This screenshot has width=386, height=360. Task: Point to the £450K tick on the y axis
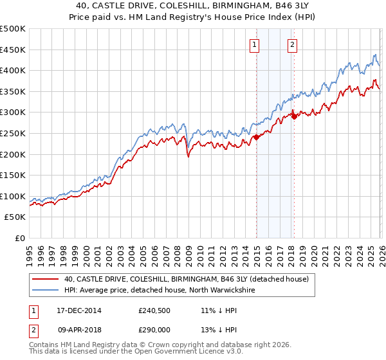click(13, 50)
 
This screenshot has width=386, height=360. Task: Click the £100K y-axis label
click(13, 196)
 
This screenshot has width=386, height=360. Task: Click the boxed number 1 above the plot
click(255, 45)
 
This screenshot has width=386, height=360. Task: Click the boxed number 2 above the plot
click(293, 45)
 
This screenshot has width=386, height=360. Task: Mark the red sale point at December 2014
click(256, 137)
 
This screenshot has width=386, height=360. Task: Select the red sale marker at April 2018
click(294, 116)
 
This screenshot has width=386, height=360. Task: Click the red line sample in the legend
click(45, 279)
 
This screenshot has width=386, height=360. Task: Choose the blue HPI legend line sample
click(45, 290)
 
